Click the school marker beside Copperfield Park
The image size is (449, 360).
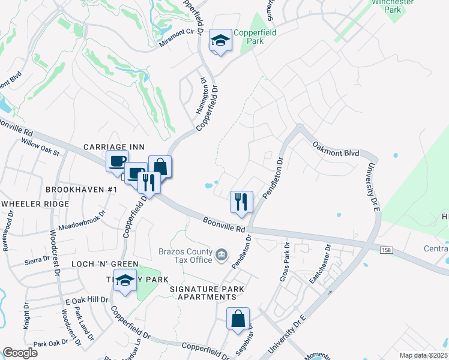[x=220, y=41]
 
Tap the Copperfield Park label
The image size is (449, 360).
[x=255, y=37]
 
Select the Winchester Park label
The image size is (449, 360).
[x=393, y=6]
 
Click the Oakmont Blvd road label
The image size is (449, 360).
[x=336, y=149]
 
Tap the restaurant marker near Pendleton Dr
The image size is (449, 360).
[x=241, y=201]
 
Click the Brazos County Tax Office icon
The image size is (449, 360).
[x=222, y=255]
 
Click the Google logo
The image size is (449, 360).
[x=20, y=353]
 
